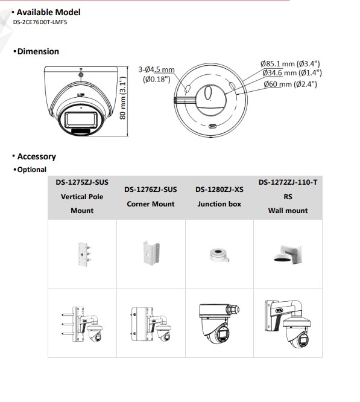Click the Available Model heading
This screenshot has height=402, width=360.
click(x=48, y=12)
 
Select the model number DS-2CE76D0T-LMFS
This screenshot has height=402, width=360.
click(x=40, y=22)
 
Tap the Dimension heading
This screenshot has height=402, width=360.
click(x=38, y=51)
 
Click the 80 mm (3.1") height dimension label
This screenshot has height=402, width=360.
click(x=123, y=98)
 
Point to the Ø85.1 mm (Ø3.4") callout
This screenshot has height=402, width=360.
click(x=290, y=63)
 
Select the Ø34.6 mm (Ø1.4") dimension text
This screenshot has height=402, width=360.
click(x=292, y=73)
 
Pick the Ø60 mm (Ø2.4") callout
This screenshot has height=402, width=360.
click(x=290, y=84)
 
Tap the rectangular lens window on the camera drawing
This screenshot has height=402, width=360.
click(x=81, y=120)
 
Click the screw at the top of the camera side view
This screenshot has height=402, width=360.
click(x=81, y=75)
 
